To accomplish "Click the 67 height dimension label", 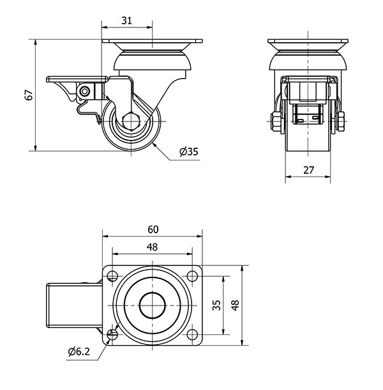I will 28,95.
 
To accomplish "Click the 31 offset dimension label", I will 126,21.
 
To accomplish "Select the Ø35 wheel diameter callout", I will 189,152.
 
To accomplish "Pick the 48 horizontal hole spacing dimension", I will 152,247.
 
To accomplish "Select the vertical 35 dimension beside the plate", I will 216,306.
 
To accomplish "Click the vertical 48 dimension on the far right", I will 235,306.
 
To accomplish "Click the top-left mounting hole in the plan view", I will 113,276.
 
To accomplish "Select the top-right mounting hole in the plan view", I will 192,276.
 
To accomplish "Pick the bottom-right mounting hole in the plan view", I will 192,335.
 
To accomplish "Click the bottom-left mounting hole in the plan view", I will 113,335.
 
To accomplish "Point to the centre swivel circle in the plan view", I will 153,306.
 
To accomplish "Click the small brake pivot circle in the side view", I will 84,93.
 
